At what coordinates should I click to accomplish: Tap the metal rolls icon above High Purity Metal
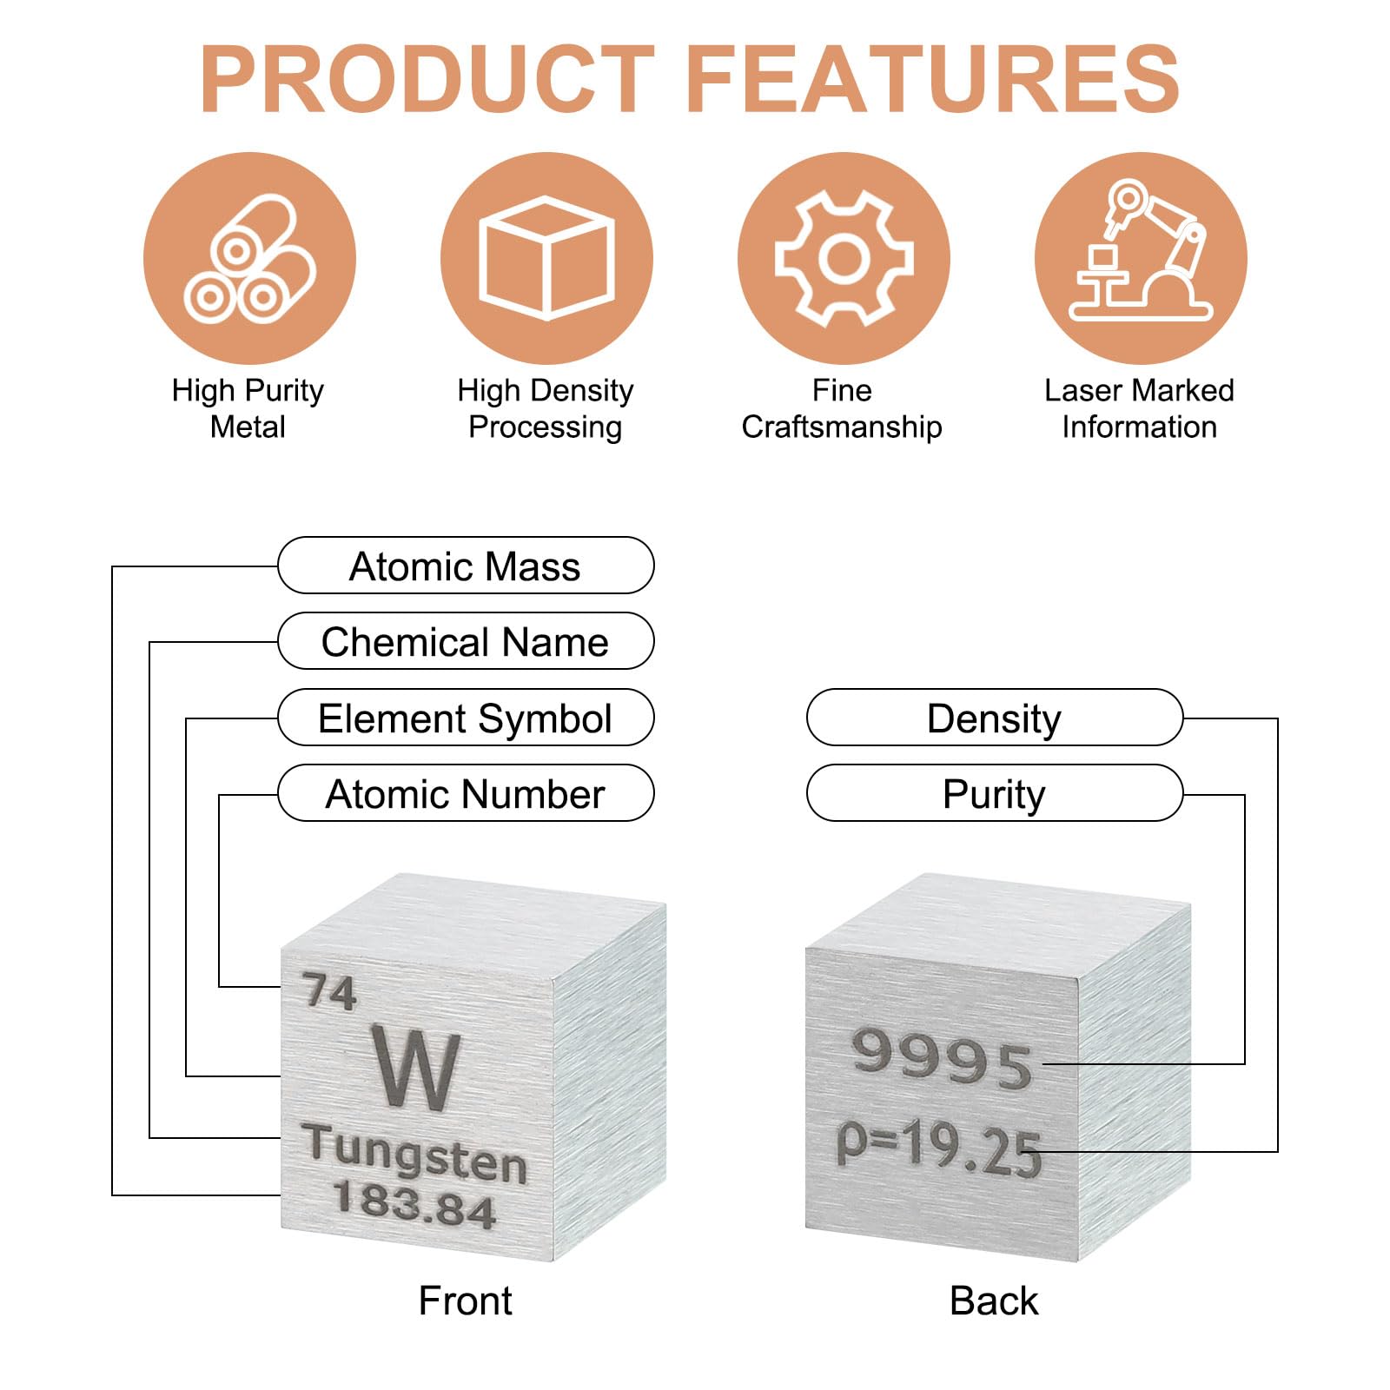(x=249, y=258)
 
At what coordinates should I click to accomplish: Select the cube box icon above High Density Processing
(x=546, y=258)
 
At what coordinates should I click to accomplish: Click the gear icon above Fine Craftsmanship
(x=844, y=258)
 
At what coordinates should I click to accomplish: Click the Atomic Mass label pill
(x=466, y=566)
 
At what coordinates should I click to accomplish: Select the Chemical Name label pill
(x=466, y=641)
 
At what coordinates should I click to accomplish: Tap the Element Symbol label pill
(x=466, y=718)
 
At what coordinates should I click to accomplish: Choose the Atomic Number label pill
(x=466, y=793)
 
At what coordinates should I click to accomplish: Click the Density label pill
(x=995, y=718)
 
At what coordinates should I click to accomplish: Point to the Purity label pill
(x=995, y=793)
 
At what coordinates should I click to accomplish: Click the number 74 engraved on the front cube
(x=329, y=992)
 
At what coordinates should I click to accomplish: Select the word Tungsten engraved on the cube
(x=415, y=1154)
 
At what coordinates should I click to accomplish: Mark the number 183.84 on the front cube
(x=414, y=1204)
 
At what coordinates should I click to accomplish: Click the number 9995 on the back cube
(x=942, y=1058)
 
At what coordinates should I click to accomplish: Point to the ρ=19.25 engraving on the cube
(x=939, y=1148)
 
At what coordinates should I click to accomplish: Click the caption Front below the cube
(x=466, y=1301)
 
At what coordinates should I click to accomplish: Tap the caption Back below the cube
(x=994, y=1301)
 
